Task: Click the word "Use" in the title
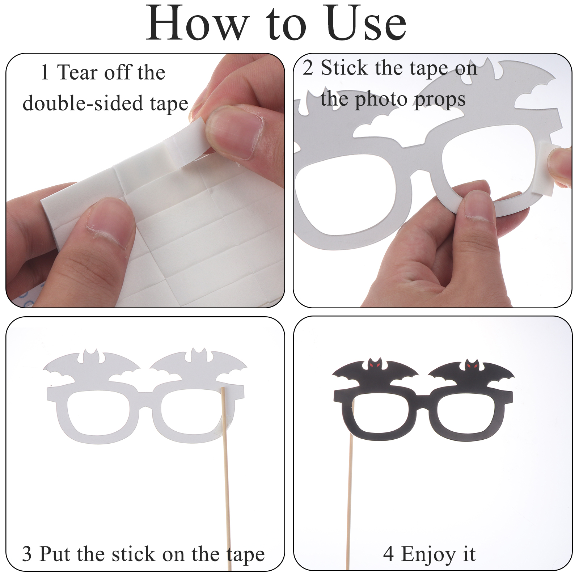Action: coord(366,24)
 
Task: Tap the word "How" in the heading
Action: coord(198,24)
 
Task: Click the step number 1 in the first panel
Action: coord(45,72)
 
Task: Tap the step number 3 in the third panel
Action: coord(27,554)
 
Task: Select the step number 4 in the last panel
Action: coord(388,554)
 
